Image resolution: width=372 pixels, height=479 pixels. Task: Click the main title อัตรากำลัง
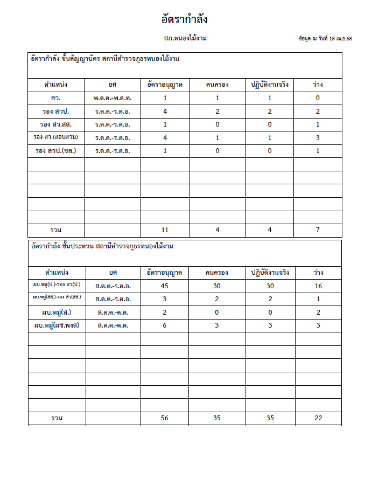point(185,20)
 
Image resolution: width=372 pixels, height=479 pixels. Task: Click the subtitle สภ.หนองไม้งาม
point(186,39)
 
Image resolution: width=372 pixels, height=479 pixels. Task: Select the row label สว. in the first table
point(56,98)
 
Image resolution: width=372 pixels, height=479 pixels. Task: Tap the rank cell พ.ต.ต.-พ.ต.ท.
point(113,98)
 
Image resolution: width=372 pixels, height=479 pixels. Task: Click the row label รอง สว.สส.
point(56,124)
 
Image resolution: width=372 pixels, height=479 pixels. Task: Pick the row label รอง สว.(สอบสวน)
point(56,137)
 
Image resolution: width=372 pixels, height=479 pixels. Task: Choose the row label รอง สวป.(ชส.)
point(56,151)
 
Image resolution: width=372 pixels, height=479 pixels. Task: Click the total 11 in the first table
point(165,230)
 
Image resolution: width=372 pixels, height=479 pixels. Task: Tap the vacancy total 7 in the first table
point(318,230)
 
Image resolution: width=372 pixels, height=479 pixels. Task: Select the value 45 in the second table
point(165,286)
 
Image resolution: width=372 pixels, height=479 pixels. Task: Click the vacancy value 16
point(319,286)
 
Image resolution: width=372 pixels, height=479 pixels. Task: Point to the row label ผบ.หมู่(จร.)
point(57,312)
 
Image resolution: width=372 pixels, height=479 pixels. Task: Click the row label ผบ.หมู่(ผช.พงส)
point(57,325)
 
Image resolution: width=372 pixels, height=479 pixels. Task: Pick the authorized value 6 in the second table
point(165,325)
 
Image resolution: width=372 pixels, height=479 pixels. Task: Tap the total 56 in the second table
point(165,418)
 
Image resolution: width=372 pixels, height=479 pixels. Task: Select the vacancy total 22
point(319,418)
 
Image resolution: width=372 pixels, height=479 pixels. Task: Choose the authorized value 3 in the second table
point(165,298)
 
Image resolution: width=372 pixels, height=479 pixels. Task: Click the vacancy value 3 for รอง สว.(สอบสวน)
point(318,137)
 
